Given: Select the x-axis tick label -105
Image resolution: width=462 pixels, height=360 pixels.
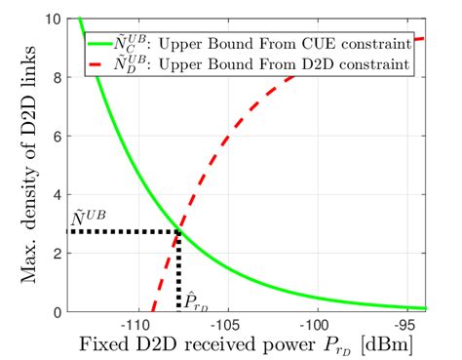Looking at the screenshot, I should (x=223, y=325).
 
